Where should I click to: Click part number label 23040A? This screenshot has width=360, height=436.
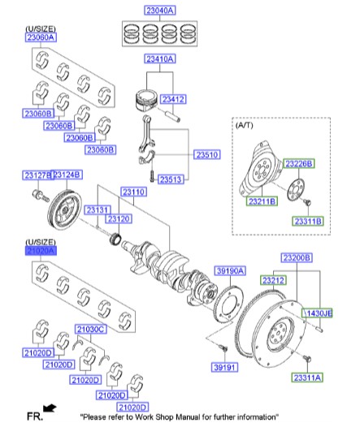[160, 11]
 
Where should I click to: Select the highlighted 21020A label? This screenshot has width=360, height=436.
[40, 252]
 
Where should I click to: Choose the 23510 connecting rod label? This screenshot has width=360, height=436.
[206, 154]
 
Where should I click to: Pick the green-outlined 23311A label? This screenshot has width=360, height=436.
[308, 378]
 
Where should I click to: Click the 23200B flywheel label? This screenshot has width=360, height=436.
[297, 257]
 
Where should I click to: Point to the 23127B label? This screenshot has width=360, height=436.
[37, 175]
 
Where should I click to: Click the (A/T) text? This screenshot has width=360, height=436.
[245, 127]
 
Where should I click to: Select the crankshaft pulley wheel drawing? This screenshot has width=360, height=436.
[63, 212]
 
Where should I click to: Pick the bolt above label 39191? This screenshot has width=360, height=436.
[220, 348]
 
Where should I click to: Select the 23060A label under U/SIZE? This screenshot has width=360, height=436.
[40, 37]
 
